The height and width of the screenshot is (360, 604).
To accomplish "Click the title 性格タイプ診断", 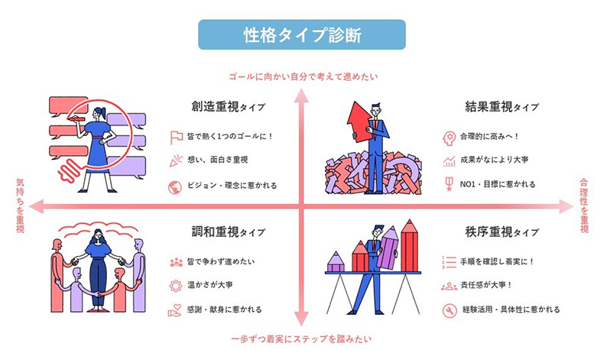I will tap(301, 35).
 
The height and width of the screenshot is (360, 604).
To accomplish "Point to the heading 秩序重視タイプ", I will tap(502, 231).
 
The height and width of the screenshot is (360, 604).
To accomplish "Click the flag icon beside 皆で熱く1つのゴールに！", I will tap(176, 138).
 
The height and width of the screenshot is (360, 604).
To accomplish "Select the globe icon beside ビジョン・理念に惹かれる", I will tap(176, 185).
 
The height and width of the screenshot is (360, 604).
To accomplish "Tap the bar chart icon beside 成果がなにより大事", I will tap(450, 161).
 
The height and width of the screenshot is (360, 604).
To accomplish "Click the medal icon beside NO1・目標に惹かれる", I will tap(450, 185).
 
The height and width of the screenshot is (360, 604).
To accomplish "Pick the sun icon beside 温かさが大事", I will tap(176, 286).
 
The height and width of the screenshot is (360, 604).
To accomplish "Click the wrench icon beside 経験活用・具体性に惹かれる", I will tap(450, 310).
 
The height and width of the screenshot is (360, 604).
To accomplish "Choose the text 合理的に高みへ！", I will tap(496, 138).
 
